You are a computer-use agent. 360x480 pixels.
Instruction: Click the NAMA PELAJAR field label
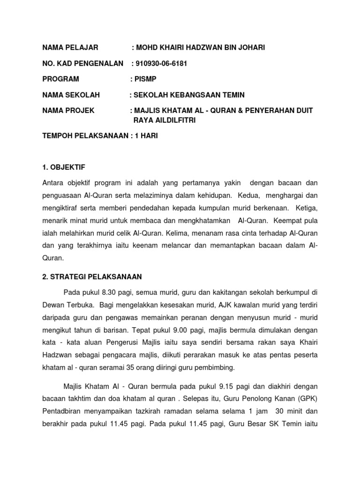[x=70, y=47]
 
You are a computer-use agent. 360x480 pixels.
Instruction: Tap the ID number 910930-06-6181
[x=161, y=63]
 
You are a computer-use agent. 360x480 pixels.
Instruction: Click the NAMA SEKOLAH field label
[x=71, y=95]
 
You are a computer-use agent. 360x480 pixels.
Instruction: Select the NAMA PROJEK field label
[x=68, y=111]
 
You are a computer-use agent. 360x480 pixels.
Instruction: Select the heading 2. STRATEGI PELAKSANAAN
[x=92, y=277]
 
